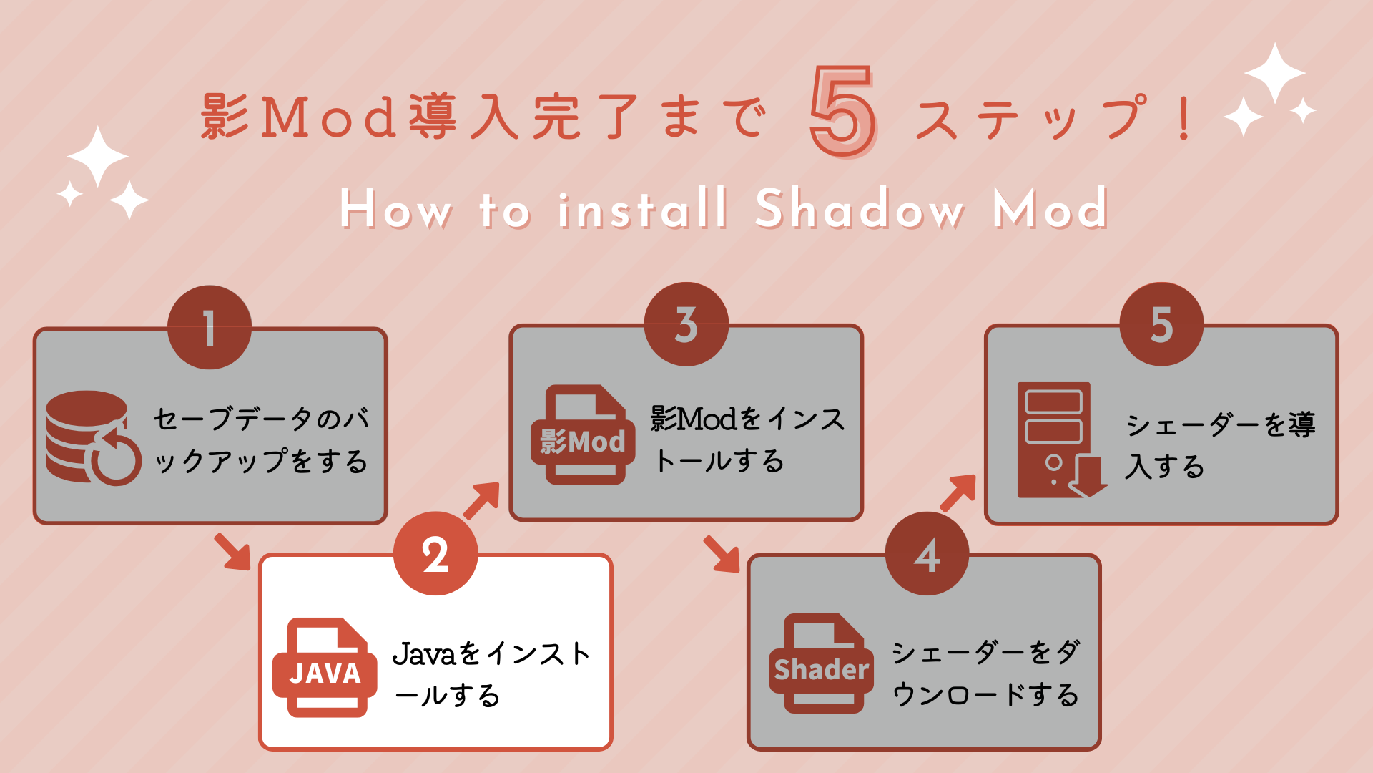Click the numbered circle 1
tap(210, 327)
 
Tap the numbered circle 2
tap(435, 553)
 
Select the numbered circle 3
tap(686, 324)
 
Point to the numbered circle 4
tap(927, 553)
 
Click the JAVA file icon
tap(325, 667)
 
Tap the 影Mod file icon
tap(583, 434)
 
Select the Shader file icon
tap(822, 663)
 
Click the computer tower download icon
tap(1062, 439)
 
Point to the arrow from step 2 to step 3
tap(482, 500)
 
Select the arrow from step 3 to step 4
tap(722, 554)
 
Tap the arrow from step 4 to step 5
tap(958, 492)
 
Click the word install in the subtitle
tap(642, 208)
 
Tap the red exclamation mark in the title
tap(1184, 118)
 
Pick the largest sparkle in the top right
tap(1275, 72)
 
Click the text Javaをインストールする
tap(491, 674)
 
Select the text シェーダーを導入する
tap(1220, 445)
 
